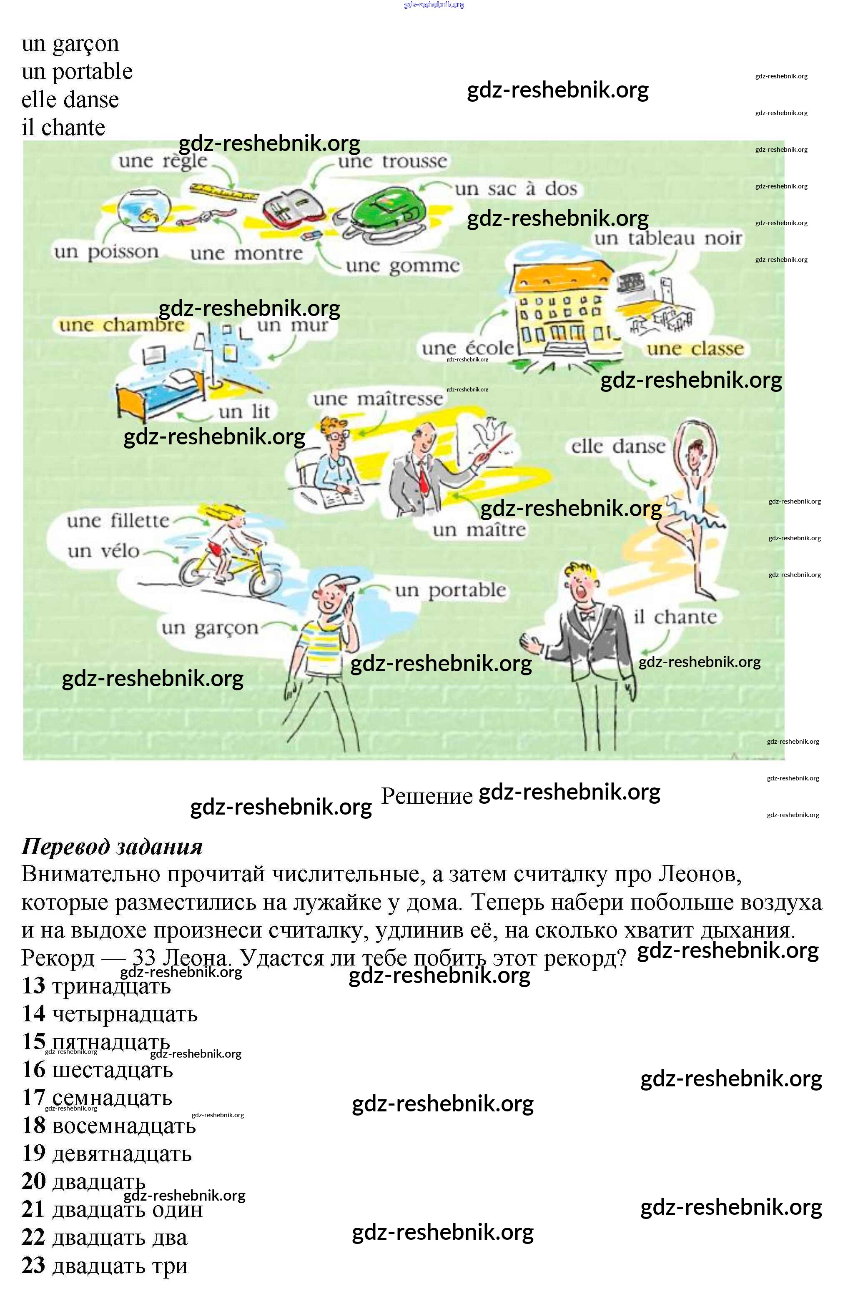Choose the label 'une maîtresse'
click(378, 399)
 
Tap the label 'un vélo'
click(103, 551)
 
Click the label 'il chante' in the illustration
click(675, 617)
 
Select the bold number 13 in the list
click(33, 985)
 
